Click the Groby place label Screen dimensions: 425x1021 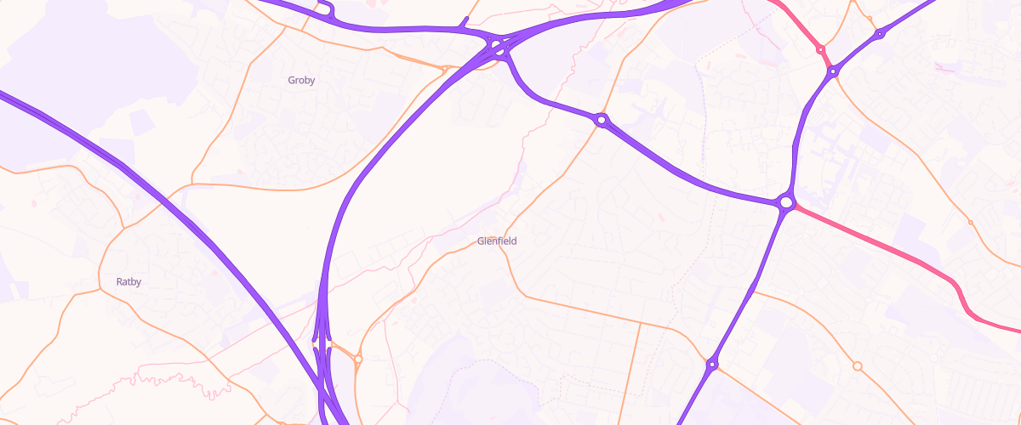tap(301, 81)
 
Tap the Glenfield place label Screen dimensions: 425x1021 tap(497, 241)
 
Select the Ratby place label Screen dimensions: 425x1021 tap(128, 281)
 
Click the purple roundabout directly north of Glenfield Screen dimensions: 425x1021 tap(602, 121)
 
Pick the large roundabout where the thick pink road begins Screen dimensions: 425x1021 tap(786, 202)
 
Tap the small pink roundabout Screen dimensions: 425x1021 tap(820, 49)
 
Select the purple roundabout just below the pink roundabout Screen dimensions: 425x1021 tap(833, 72)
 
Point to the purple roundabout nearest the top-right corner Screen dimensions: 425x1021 tap(880, 34)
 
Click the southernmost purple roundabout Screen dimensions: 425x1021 tap(711, 365)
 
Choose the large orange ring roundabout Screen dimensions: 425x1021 tap(858, 366)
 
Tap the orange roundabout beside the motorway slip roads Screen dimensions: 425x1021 tap(358, 360)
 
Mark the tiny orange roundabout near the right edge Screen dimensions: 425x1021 tap(971, 223)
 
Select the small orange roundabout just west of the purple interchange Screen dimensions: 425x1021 tap(444, 68)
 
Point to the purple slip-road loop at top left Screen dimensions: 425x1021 tap(329, 10)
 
